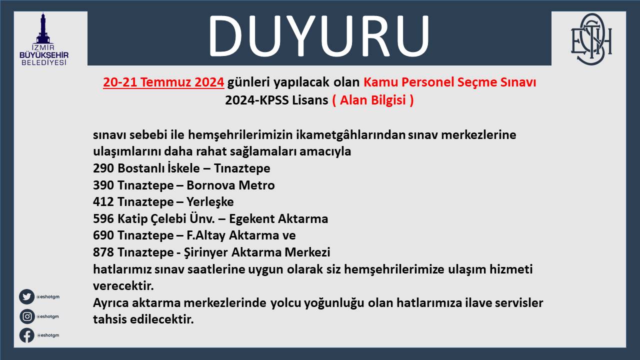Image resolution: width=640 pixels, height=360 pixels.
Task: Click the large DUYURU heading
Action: click(x=319, y=36)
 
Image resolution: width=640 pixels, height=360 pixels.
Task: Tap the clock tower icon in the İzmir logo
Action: click(x=43, y=28)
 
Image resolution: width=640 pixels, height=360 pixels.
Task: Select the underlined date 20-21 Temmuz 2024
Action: click(x=163, y=82)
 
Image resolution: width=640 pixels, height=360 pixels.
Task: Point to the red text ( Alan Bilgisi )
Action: click(x=373, y=100)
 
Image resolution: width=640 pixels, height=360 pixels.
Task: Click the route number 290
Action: click(x=103, y=168)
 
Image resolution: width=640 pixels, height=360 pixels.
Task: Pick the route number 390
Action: click(x=103, y=185)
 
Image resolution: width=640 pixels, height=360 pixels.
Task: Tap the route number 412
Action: click(x=103, y=202)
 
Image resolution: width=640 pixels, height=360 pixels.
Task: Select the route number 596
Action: click(x=103, y=219)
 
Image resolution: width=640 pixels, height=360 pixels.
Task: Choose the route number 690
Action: click(x=103, y=235)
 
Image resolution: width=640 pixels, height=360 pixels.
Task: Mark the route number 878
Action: click(x=103, y=252)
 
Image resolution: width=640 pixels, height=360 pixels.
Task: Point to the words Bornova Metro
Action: click(x=230, y=185)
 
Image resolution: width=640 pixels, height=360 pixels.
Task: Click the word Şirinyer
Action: click(x=206, y=252)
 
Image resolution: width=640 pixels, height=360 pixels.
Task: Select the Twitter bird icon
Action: click(x=26, y=296)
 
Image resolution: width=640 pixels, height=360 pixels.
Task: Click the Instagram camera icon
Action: click(x=27, y=316)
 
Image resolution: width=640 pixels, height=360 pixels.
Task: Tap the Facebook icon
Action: click(x=27, y=335)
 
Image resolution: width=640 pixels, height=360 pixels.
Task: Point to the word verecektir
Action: click(x=123, y=286)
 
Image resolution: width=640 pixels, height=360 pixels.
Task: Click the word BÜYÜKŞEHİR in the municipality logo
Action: click(x=44, y=55)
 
